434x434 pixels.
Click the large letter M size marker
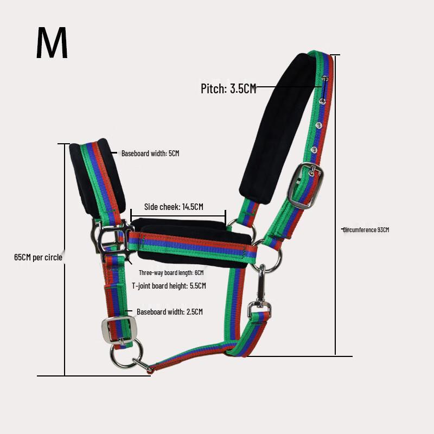pos(52,43)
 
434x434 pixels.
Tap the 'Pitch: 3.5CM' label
pos(228,88)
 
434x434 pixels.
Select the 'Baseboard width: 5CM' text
pos(150,154)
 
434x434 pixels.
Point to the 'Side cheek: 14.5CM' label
pos(174,207)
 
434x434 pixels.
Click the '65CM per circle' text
pos(38,257)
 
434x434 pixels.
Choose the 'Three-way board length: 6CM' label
pos(171,273)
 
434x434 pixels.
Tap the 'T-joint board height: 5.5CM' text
pos(169,286)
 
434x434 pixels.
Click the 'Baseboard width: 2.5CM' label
pos(170,311)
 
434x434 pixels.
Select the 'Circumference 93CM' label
pos(366,229)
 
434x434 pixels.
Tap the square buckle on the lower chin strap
pos(117,330)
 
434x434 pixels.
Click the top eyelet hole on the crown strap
pos(325,79)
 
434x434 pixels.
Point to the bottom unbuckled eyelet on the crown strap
pos(314,150)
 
